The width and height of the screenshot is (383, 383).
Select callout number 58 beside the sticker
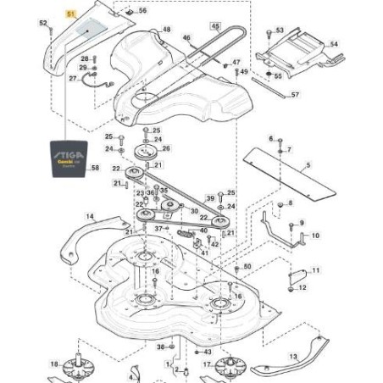[x=95, y=168]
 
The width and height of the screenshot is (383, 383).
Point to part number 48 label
[x=166, y=29]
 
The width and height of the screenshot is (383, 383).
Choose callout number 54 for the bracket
[x=333, y=43]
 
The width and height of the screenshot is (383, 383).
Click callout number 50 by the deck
[x=247, y=266]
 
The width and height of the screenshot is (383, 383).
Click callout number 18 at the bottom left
[x=54, y=364]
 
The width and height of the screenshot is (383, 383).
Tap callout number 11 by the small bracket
[x=316, y=269]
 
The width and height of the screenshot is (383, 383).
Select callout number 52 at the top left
[x=43, y=25]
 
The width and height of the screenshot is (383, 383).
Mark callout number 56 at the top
[x=142, y=11]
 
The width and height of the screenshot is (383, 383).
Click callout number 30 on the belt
[x=195, y=211]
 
